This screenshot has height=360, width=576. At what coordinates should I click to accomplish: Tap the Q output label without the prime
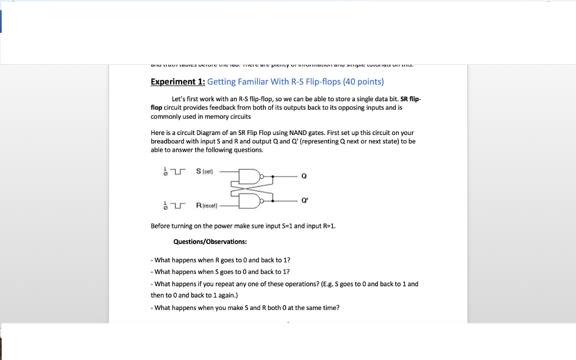[x=304, y=176]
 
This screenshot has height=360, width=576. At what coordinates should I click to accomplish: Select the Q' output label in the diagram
[x=305, y=200]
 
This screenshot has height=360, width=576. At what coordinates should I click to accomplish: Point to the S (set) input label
[x=204, y=171]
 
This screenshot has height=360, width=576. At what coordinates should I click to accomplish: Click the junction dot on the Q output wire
[x=273, y=176]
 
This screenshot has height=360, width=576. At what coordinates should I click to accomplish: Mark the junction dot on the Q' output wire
[x=273, y=200]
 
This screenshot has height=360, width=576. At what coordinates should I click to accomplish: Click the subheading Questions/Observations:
[x=210, y=242]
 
